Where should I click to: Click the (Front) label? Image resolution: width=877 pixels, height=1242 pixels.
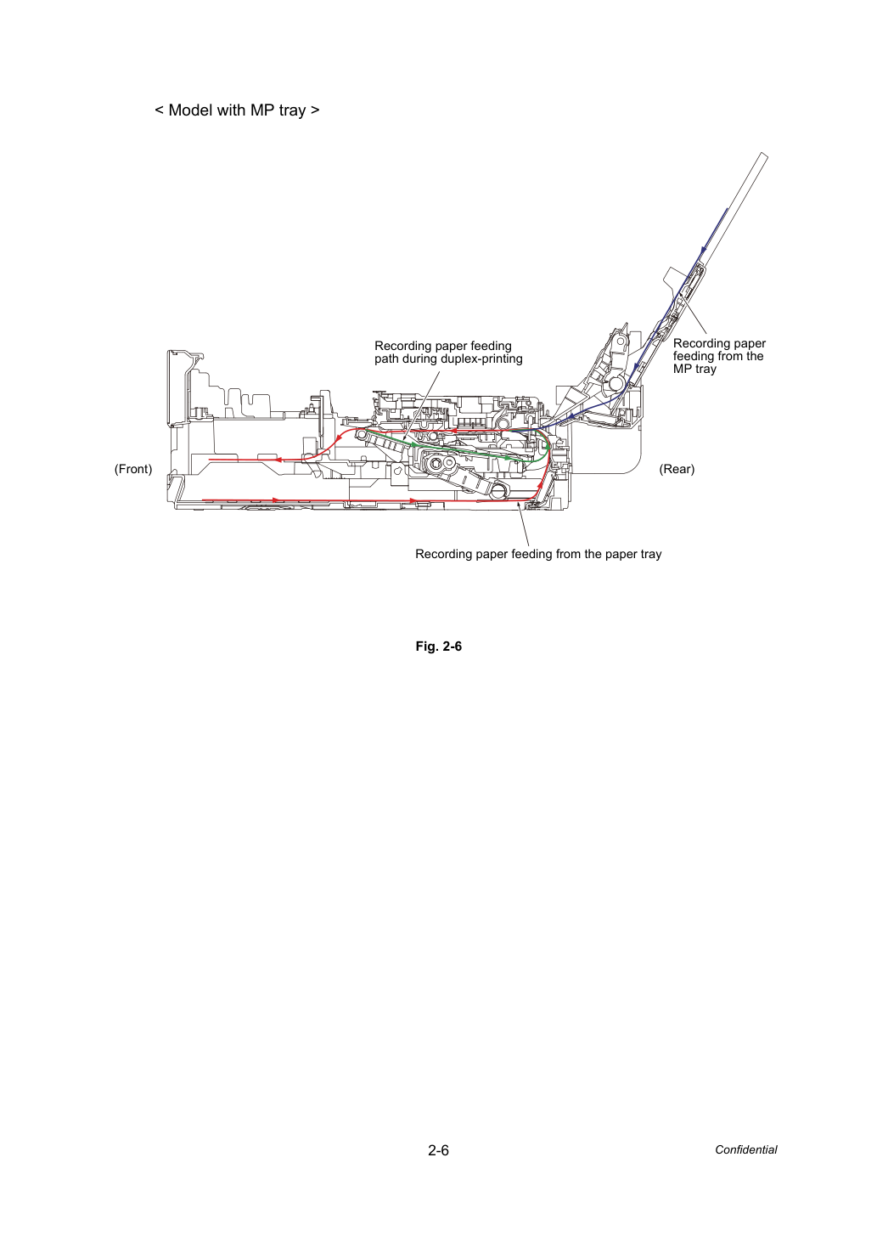click(x=133, y=469)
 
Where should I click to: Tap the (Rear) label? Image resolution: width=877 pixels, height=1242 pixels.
click(x=677, y=469)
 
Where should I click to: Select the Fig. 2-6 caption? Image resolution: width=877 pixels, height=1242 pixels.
click(x=438, y=646)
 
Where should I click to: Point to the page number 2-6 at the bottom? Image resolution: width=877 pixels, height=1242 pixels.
click(x=438, y=1150)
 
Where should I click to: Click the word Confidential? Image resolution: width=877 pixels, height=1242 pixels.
click(x=745, y=1150)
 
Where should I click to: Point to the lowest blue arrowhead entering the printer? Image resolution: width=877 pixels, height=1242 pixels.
click(x=571, y=416)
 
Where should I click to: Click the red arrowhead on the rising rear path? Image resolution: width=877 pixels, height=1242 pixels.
click(x=540, y=485)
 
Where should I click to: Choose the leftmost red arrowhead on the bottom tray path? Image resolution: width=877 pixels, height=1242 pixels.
click(x=276, y=500)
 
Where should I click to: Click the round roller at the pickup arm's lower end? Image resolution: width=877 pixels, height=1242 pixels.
click(x=499, y=490)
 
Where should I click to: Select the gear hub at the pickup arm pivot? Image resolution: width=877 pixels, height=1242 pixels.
click(x=437, y=462)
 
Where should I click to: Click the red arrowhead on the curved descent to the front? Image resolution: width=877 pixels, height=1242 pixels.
click(x=337, y=438)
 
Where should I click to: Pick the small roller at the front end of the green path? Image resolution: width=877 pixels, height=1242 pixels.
click(x=362, y=433)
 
